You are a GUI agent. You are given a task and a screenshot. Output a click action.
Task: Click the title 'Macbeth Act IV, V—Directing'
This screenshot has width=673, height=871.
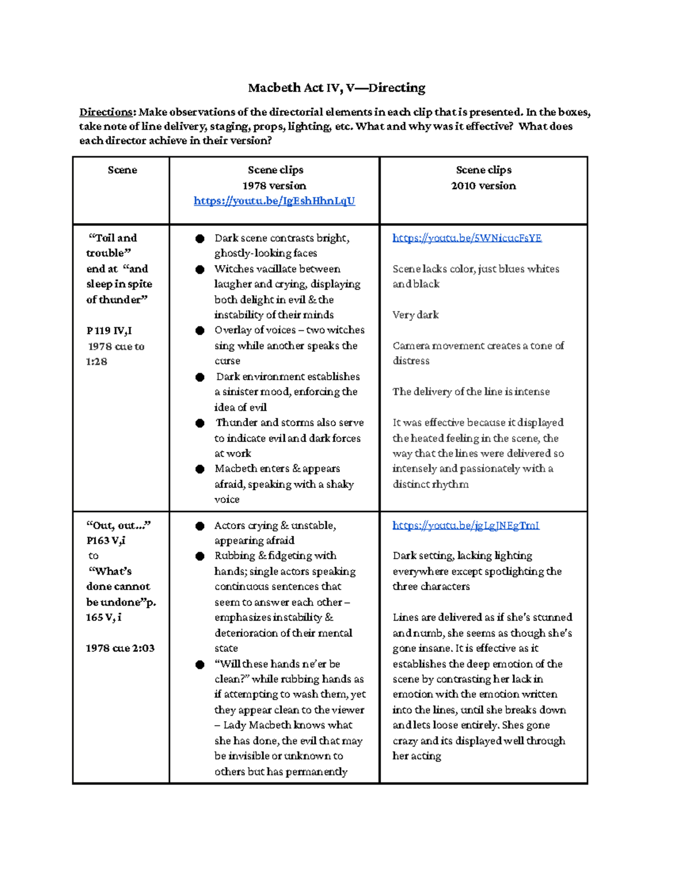336,87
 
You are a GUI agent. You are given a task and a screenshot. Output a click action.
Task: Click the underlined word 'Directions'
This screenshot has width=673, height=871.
106,112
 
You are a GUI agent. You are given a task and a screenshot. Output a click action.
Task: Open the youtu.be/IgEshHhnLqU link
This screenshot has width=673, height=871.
274,201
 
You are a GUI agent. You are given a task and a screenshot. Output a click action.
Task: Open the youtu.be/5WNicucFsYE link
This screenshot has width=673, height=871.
467,238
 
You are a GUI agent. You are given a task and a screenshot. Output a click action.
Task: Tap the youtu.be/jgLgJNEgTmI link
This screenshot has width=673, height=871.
465,526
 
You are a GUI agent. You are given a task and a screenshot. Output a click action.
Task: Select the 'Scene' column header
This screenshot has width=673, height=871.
122,170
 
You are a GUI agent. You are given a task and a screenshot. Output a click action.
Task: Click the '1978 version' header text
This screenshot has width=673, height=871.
274,186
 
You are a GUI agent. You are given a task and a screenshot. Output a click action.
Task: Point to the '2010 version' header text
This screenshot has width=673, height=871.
483,186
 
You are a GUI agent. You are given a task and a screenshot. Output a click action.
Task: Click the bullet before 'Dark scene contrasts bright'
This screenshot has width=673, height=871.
200,238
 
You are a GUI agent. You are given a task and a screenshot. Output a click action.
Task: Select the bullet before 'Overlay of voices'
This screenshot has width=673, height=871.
200,330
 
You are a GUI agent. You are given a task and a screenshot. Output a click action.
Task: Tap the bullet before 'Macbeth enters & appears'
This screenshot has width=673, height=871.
200,469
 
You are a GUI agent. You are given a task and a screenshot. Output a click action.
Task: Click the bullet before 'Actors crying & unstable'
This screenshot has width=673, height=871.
200,526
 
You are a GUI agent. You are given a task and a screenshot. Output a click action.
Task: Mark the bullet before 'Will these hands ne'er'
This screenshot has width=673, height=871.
200,665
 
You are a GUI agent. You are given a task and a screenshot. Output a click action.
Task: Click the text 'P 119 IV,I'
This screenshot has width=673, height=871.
109,330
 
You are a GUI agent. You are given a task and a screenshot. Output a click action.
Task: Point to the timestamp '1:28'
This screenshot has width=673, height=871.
96,362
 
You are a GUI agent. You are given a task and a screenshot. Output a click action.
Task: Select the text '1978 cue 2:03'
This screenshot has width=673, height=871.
120,648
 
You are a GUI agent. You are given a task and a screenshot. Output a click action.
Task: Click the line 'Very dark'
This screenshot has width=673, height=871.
416,315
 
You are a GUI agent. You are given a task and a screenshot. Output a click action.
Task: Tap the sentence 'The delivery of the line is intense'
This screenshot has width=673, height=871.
471,391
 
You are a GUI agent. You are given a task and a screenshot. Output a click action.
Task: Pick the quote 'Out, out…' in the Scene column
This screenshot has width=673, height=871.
118,526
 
